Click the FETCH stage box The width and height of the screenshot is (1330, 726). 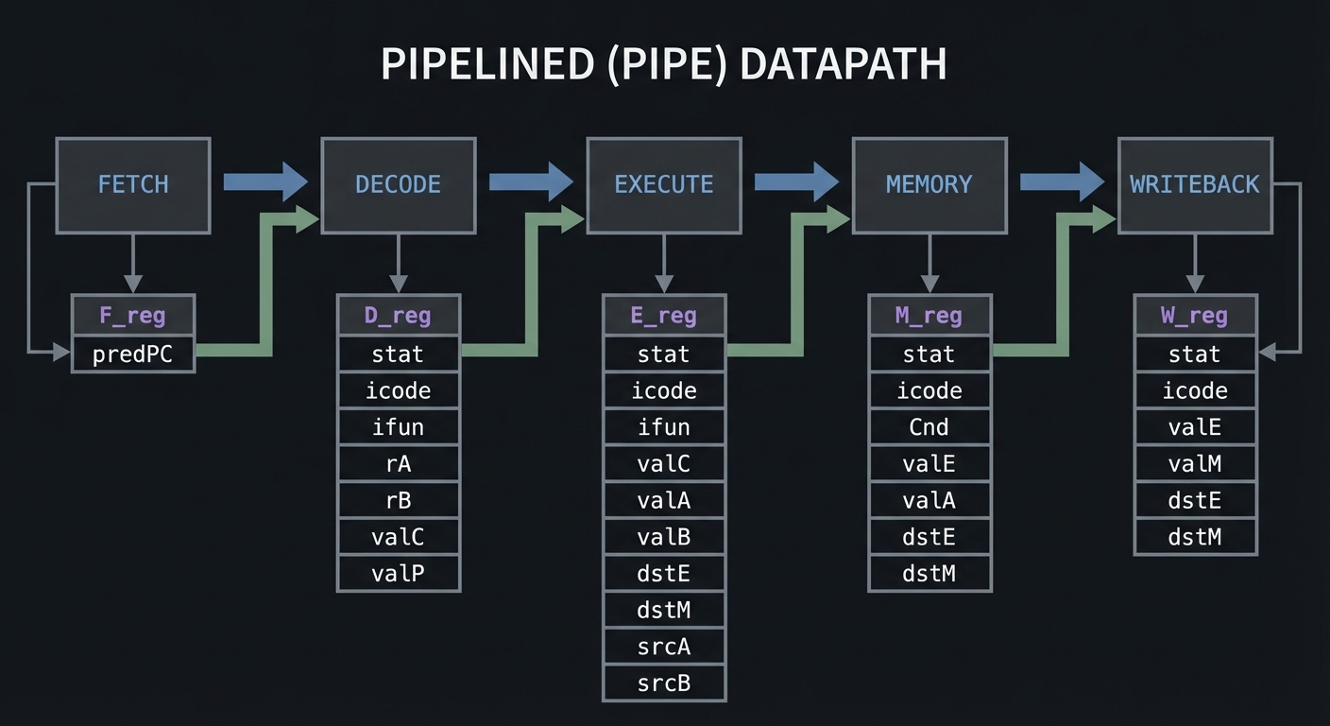(133, 185)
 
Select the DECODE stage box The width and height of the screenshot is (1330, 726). (398, 185)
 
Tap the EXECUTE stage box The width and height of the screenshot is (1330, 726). (663, 185)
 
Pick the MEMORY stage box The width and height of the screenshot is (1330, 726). (929, 185)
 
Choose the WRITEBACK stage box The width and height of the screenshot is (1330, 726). (1194, 185)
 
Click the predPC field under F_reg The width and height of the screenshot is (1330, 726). (133, 354)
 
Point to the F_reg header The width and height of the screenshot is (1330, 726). (133, 316)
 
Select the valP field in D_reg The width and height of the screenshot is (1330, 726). (398, 573)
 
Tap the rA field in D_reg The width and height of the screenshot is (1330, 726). (398, 463)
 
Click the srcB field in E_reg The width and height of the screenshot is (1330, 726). (663, 683)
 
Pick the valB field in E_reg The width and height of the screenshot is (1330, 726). (663, 537)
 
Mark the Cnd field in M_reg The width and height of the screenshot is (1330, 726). (929, 427)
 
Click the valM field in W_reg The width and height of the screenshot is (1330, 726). (1194, 463)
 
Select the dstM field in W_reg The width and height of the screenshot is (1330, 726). (1194, 537)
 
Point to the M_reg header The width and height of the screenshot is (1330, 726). (929, 316)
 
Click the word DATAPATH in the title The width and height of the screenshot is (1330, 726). (843, 65)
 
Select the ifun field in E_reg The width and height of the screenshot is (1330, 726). (663, 427)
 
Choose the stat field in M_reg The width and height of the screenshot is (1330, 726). (929, 354)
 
